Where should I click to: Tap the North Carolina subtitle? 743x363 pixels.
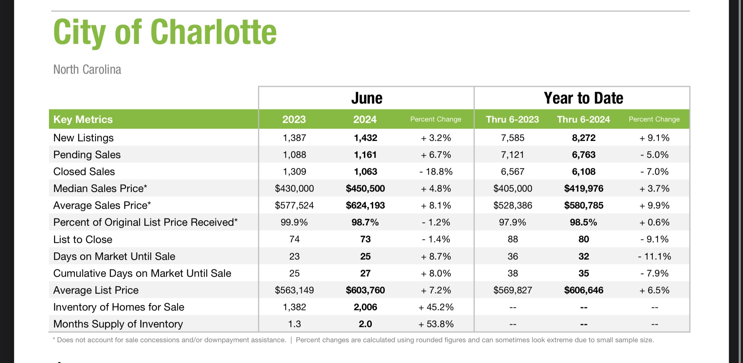click(x=87, y=69)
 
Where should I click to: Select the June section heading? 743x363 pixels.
click(x=366, y=98)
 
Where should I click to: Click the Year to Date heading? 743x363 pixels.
click(x=583, y=98)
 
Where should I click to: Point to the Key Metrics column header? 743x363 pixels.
click(x=83, y=119)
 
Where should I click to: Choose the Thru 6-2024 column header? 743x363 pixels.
click(x=584, y=119)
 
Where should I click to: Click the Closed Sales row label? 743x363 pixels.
click(x=84, y=171)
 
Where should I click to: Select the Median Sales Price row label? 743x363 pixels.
click(x=100, y=188)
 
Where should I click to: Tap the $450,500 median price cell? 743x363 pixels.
click(x=365, y=188)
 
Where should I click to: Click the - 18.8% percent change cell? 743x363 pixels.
click(x=436, y=171)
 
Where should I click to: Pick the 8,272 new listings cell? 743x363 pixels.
click(x=584, y=138)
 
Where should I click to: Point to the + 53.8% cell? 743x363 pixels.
click(x=436, y=324)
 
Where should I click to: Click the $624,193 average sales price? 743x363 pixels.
click(x=365, y=205)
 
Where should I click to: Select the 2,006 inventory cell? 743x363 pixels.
click(x=365, y=307)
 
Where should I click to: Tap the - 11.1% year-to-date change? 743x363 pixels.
click(x=654, y=256)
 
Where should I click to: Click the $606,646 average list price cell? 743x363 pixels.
click(x=584, y=290)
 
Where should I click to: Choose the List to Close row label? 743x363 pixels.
click(x=83, y=239)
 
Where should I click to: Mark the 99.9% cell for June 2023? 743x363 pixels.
click(x=294, y=222)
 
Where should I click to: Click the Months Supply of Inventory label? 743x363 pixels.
click(x=118, y=324)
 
